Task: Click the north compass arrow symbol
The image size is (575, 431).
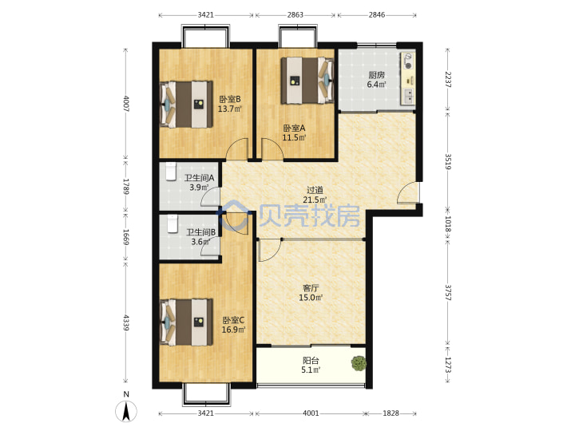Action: tap(126, 411)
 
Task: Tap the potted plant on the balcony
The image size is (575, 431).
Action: tap(359, 363)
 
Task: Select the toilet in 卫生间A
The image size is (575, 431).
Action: tap(171, 172)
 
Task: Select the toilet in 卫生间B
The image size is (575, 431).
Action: tap(172, 224)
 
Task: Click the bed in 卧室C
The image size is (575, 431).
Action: tap(187, 322)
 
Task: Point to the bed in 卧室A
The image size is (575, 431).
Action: tap(307, 81)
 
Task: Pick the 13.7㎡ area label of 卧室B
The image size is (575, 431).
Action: tap(230, 109)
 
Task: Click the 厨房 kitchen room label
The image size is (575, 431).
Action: tap(377, 75)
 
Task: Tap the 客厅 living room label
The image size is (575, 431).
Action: tap(311, 288)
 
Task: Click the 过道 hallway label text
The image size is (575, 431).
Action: tap(315, 190)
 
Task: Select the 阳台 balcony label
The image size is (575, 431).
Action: tap(311, 360)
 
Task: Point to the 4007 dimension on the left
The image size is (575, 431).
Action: tap(126, 104)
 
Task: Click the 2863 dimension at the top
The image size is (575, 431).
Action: tap(295, 14)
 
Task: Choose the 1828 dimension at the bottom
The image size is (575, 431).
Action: tap(391, 413)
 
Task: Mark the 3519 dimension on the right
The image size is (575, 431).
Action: tap(448, 161)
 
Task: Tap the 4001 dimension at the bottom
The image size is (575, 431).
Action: tap(311, 413)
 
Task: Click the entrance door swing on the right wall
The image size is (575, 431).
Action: tap(408, 192)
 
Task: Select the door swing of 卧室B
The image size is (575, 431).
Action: tap(237, 149)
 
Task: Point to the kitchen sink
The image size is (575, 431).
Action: tap(408, 96)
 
